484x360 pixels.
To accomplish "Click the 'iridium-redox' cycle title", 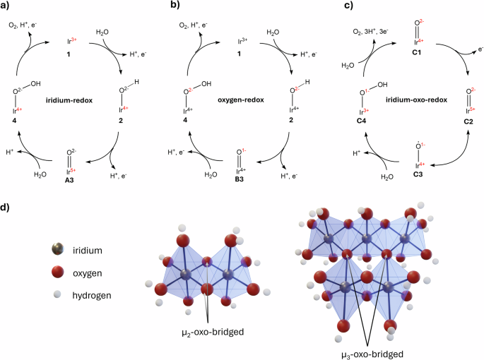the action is tap(69, 100).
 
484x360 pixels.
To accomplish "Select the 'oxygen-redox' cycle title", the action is tap(241, 100).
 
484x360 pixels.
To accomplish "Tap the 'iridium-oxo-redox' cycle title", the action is tap(416, 100).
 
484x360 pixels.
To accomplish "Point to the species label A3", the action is tap(69, 180).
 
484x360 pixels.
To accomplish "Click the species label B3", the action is tap(239, 179).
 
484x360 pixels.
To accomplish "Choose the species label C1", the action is tap(417, 52).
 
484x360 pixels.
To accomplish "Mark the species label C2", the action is tap(468, 121).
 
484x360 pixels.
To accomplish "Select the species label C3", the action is tap(418, 174).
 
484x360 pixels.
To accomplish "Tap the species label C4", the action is tap(361, 121).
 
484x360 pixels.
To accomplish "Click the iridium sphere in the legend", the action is tap(58, 249).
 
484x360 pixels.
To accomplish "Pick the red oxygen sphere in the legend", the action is tap(58, 272).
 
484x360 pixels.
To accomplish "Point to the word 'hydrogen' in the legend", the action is tap(92, 296).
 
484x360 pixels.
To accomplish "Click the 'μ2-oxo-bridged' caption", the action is tap(213, 332).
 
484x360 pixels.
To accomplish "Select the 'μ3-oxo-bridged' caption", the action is tap(372, 354).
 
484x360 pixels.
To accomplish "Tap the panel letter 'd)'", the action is tap(5, 208).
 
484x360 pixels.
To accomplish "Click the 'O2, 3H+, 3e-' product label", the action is tap(371, 32).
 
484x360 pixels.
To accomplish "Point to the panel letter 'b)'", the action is tap(175, 5).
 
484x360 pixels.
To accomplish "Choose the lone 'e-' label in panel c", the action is tap(480, 49).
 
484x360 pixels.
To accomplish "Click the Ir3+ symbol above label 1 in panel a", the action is tap(72, 41).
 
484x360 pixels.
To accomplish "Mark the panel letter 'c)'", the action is tap(348, 5).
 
